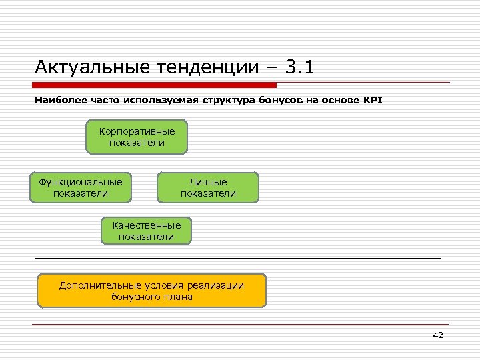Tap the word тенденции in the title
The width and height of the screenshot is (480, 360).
click(x=209, y=67)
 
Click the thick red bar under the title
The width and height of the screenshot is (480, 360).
click(x=155, y=85)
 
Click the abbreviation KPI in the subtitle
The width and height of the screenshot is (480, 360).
click(x=373, y=101)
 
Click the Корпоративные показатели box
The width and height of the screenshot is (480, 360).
click(x=137, y=137)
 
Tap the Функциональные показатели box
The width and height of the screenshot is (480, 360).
click(x=80, y=187)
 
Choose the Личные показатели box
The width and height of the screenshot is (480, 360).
click(x=208, y=187)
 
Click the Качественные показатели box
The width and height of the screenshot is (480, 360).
click(x=147, y=231)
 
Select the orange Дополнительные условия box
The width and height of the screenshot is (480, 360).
click(x=151, y=291)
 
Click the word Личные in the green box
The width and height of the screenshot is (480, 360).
click(x=208, y=181)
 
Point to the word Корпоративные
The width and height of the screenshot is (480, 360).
click(x=137, y=131)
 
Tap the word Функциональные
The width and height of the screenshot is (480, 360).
click(x=80, y=181)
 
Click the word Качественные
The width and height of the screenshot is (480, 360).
click(x=147, y=225)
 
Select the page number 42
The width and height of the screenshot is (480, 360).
click(x=437, y=335)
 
